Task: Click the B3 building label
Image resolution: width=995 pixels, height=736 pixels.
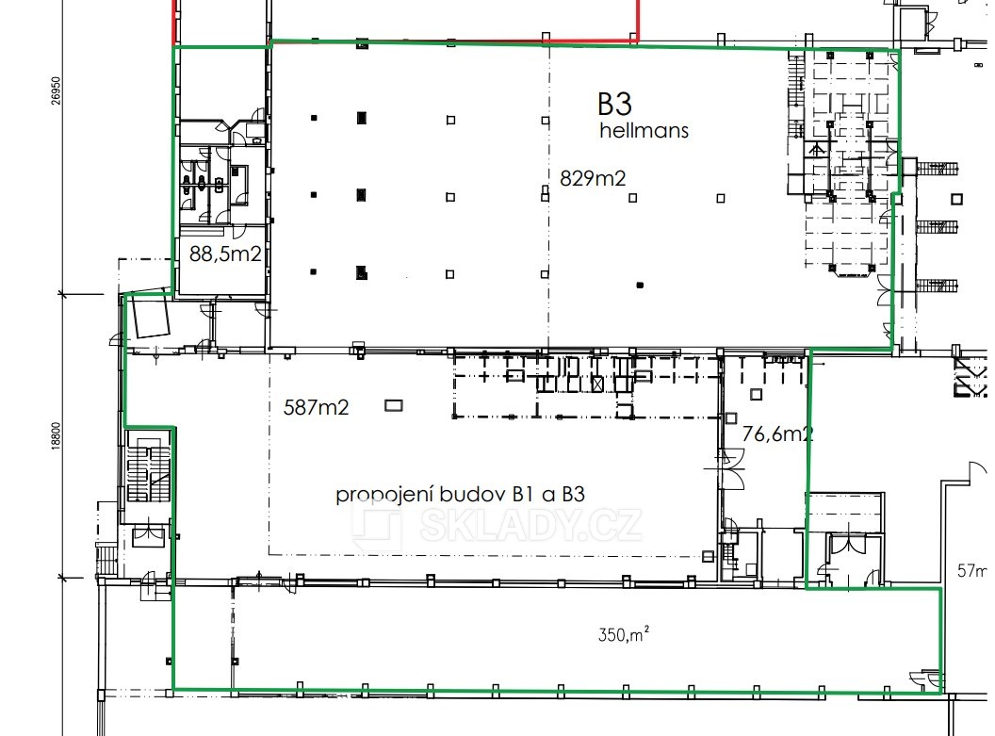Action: click(618, 104)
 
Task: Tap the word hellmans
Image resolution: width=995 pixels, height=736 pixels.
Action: click(644, 131)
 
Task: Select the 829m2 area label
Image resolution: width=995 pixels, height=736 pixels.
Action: click(593, 178)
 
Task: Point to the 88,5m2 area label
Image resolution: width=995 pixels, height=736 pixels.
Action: click(225, 254)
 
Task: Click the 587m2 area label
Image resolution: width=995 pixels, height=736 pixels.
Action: click(316, 407)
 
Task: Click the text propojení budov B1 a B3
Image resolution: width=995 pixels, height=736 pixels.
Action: click(461, 495)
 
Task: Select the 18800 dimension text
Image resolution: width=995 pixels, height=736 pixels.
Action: click(56, 436)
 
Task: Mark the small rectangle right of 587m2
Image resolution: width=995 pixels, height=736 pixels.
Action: click(393, 406)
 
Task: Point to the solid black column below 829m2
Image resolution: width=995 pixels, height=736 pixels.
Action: click(640, 285)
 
